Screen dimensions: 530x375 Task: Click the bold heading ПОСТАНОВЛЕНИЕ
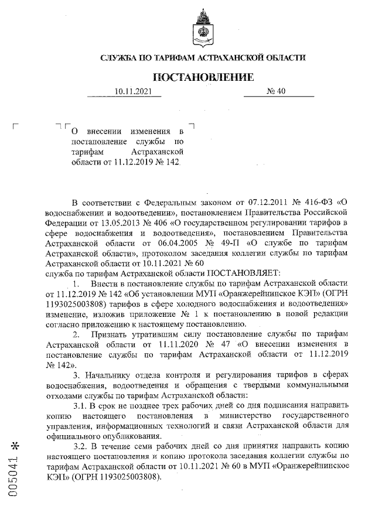pos(203,77)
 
